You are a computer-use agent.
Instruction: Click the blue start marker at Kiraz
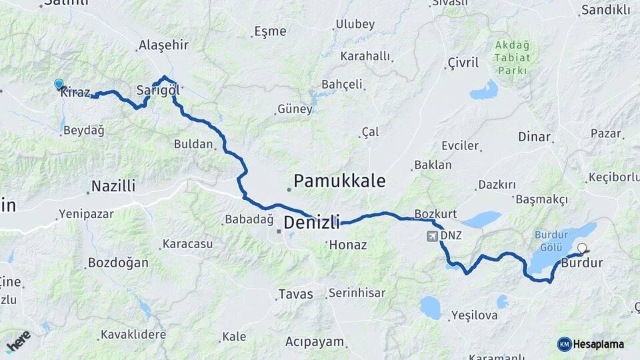(59, 84)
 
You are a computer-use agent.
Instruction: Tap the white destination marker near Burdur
(582, 249)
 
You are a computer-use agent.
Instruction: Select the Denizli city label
(311, 222)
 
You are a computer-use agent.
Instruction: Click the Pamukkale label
(339, 181)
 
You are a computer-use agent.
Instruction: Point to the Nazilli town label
(113, 186)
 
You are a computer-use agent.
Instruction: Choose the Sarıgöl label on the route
(158, 90)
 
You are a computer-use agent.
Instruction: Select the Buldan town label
(193, 144)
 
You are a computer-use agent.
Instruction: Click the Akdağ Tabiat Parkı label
(512, 58)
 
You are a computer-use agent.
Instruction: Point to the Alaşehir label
(163, 45)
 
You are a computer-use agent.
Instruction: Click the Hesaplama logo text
(598, 344)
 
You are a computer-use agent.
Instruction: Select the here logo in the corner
(18, 341)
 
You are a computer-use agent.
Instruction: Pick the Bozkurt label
(435, 214)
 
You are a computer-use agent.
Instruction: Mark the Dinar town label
(535, 137)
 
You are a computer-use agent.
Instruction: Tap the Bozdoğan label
(119, 263)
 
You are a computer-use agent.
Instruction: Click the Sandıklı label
(605, 10)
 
